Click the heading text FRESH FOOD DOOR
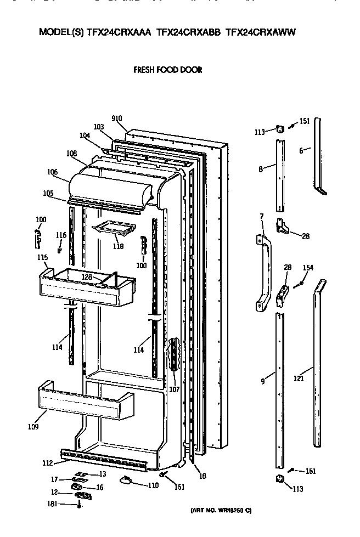(167, 70)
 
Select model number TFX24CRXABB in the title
(189, 32)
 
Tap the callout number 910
(116, 118)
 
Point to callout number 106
(52, 172)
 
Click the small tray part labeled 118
(115, 228)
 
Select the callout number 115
(42, 258)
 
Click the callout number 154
(308, 268)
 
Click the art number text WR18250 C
(221, 511)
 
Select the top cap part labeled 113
(279, 129)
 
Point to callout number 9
(263, 380)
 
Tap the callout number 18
(203, 476)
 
